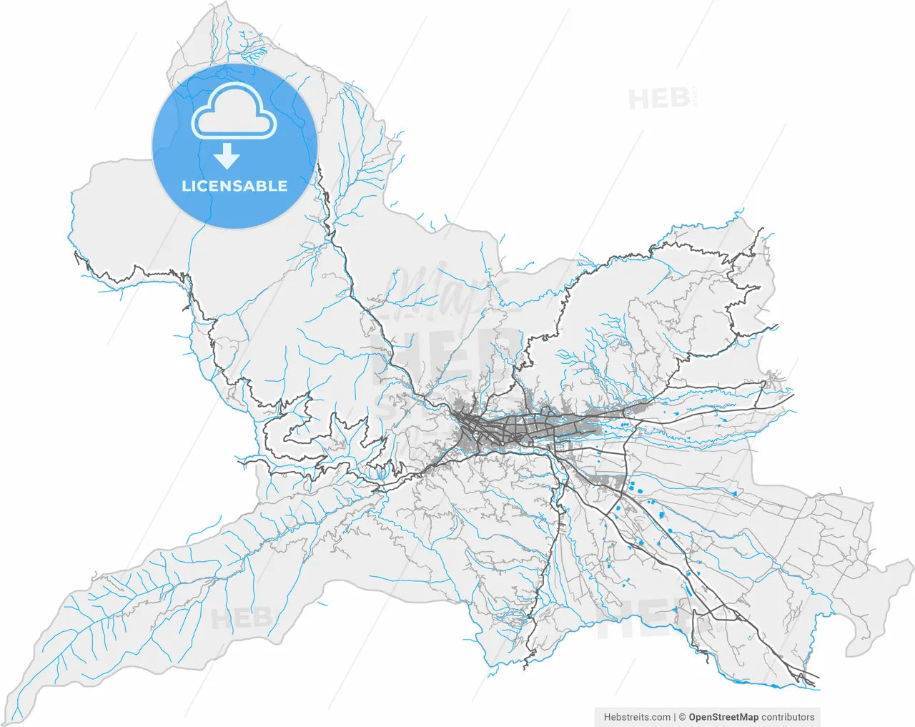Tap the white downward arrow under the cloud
click(x=227, y=155)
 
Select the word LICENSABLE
click(x=234, y=187)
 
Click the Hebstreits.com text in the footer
click(x=637, y=717)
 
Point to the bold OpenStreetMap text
click(x=723, y=717)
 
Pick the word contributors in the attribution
click(x=788, y=717)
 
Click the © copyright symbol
click(x=683, y=717)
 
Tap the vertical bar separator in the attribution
click(x=675, y=717)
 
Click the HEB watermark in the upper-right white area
click(x=660, y=99)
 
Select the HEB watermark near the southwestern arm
click(x=241, y=618)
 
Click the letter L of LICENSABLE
click(x=186, y=187)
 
